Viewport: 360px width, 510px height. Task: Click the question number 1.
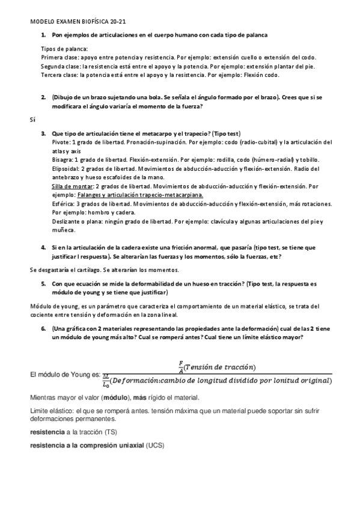pyautogui.click(x=43, y=35)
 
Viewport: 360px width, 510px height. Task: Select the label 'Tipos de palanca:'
pyautogui.click(x=64, y=49)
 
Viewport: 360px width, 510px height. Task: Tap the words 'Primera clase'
pyautogui.click(x=59, y=58)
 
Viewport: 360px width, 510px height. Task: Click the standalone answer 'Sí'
pyautogui.click(x=33, y=120)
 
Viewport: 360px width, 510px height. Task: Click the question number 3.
pyautogui.click(x=43, y=133)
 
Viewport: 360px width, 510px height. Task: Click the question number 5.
pyautogui.click(x=43, y=283)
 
